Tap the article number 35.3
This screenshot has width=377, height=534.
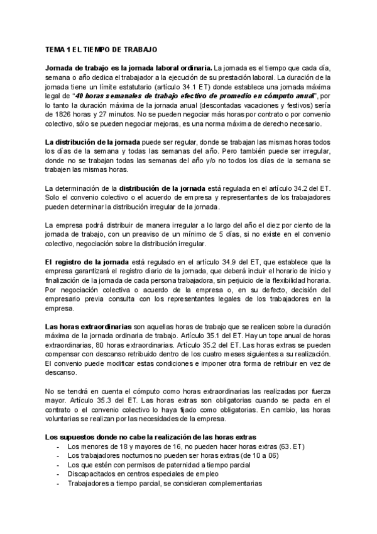click(x=116, y=401)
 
